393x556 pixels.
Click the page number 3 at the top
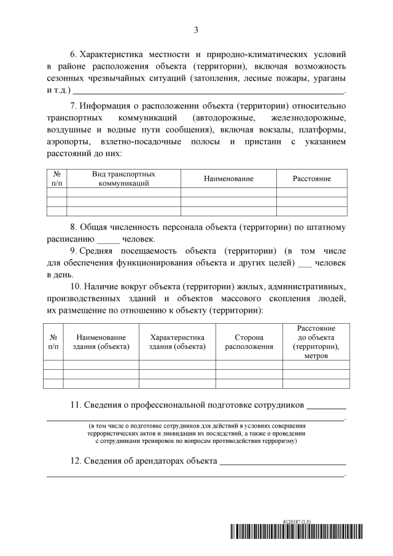pyautogui.click(x=196, y=29)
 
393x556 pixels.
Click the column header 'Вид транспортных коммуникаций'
pyautogui.click(x=123, y=179)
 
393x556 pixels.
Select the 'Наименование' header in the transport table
pyautogui.click(x=228, y=179)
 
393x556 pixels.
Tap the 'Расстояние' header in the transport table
pyautogui.click(x=311, y=179)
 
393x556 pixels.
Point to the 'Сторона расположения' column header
pyautogui.click(x=249, y=342)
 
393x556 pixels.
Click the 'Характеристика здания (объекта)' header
pyautogui.click(x=177, y=342)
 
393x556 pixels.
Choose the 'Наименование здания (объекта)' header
pyautogui.click(x=101, y=342)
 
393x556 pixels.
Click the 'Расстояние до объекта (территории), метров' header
pyautogui.click(x=316, y=342)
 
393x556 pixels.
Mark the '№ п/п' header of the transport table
pyautogui.click(x=56, y=179)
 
